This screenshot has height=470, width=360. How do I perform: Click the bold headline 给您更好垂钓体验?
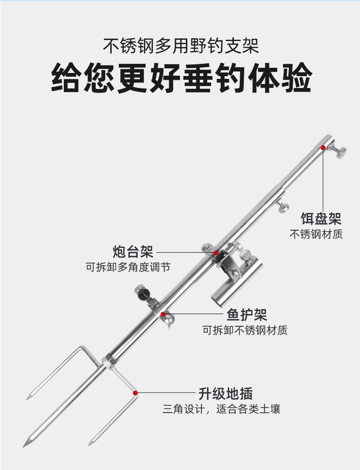click(181, 78)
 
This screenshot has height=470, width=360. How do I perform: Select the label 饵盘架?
click(321, 218)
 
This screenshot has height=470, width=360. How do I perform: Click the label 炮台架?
click(133, 251)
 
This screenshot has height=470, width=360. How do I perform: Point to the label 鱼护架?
click(247, 314)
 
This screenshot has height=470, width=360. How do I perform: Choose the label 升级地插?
click(225, 393)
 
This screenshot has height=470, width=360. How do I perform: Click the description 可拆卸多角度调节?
click(128, 267)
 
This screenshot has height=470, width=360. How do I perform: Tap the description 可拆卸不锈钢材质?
click(245, 330)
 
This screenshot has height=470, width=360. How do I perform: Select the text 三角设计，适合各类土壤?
click(221, 408)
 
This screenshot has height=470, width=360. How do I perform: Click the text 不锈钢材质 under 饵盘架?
click(316, 234)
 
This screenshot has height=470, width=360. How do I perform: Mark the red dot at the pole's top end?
click(323, 148)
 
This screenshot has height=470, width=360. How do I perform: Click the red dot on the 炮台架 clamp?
click(217, 252)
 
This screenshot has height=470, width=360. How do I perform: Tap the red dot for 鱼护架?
click(163, 314)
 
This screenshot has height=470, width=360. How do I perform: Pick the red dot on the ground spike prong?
click(135, 393)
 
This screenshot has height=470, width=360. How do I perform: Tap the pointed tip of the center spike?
click(24, 444)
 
